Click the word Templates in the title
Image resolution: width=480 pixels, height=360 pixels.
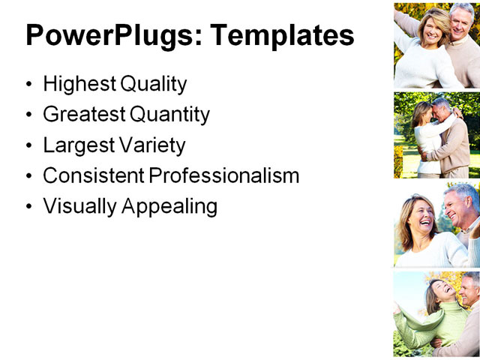click(x=283, y=35)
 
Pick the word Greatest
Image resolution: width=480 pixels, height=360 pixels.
click(x=83, y=115)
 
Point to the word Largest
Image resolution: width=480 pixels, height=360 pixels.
click(x=76, y=145)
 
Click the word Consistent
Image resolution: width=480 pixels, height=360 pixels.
click(x=93, y=175)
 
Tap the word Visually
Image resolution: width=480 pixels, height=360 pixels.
click(x=78, y=205)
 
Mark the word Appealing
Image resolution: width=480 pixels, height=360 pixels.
click(x=168, y=205)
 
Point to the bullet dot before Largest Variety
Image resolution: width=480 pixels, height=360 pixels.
click(x=29, y=145)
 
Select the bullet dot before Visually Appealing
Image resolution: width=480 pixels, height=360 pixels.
click(x=29, y=206)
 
